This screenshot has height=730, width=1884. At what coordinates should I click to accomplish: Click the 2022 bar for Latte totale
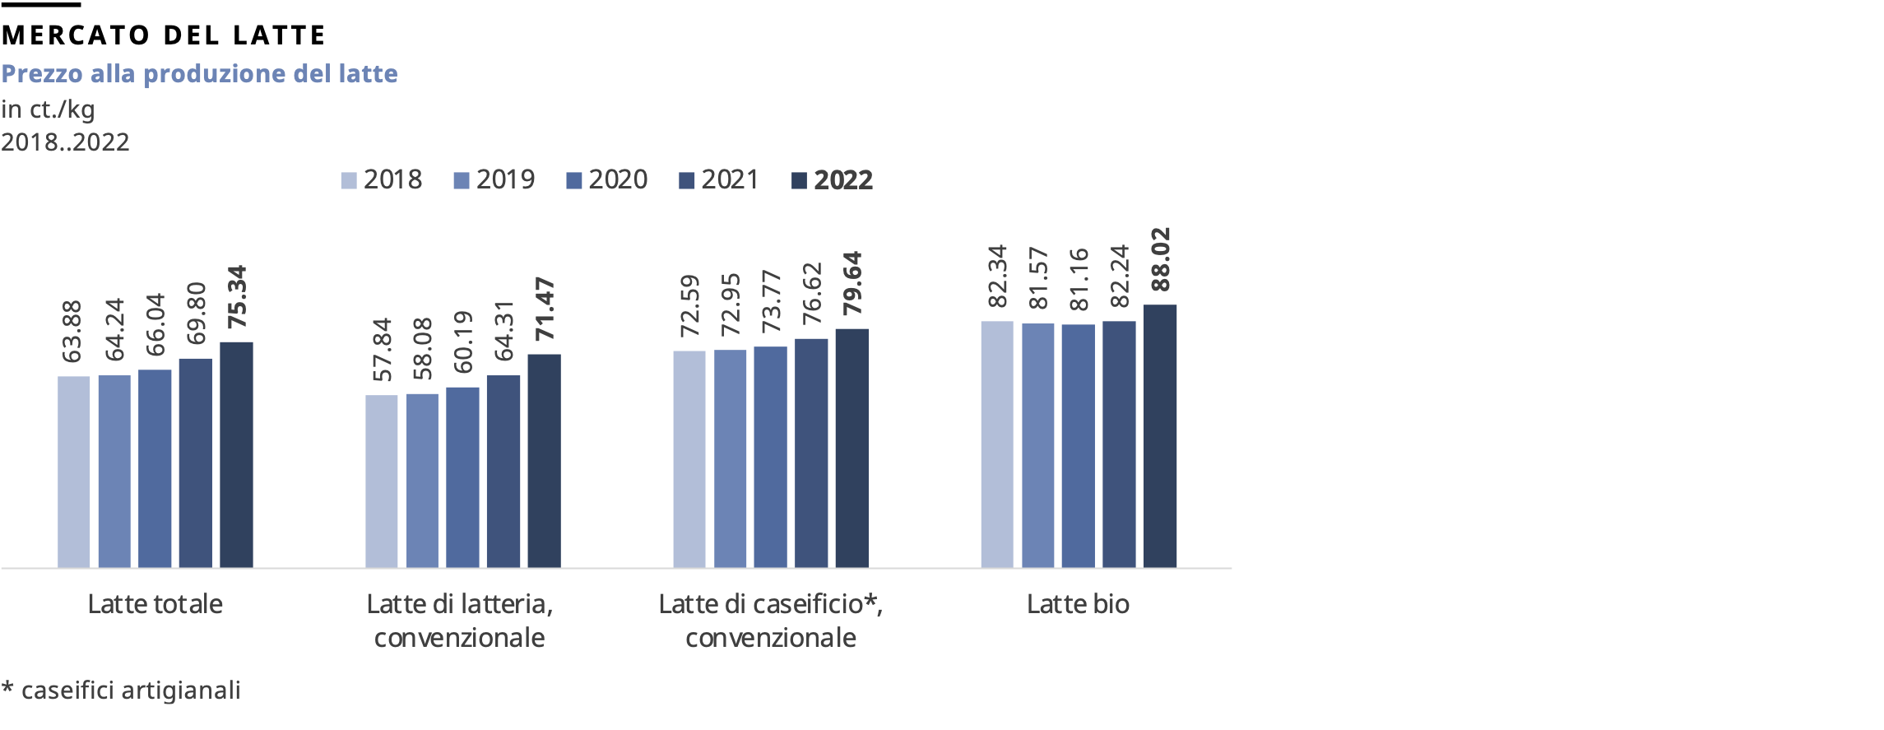[236, 454]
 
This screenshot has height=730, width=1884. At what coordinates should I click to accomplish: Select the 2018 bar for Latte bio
[997, 444]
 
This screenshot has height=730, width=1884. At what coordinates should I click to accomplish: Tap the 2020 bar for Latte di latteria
[462, 477]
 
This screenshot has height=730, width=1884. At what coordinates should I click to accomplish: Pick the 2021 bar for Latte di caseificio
[811, 453]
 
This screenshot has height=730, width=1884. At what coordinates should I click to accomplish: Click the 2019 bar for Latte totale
[114, 471]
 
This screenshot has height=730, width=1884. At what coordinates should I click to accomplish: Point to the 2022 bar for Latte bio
[1160, 436]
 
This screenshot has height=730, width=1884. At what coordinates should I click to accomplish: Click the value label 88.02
[1160, 259]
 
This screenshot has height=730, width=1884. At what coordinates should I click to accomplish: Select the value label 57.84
[383, 350]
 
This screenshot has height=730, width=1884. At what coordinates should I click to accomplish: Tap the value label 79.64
[852, 283]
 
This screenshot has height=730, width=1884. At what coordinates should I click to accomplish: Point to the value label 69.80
[196, 313]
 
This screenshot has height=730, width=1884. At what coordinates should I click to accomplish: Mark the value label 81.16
[1079, 280]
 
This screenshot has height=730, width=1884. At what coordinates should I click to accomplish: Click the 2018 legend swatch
[349, 180]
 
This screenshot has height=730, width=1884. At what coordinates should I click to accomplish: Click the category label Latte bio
[1078, 604]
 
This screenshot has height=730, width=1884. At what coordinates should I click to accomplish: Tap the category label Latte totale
[155, 604]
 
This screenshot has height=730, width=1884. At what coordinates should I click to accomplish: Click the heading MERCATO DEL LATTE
[164, 35]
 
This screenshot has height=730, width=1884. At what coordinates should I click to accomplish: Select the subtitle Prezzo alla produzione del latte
[199, 74]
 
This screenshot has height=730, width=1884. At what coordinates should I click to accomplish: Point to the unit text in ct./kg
[48, 109]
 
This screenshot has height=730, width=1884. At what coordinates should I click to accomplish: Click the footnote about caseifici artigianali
[122, 690]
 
